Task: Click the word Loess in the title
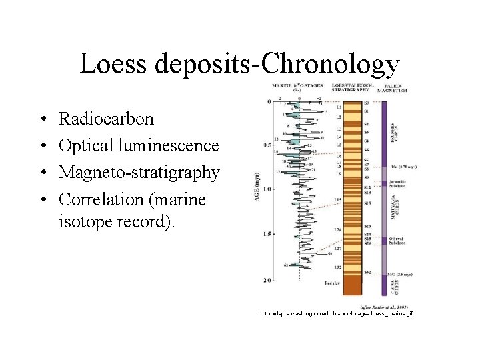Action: pos(114,65)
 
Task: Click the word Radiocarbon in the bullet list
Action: pos(106,119)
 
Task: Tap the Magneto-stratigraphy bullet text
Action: pos(139,173)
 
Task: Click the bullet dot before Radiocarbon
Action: pos(43,120)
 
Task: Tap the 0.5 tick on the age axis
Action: pos(267,145)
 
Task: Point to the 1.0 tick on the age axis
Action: pos(267,190)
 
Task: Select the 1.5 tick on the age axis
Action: pos(267,234)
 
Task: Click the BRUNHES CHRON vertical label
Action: pos(393,136)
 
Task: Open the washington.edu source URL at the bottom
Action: pos(337,313)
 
